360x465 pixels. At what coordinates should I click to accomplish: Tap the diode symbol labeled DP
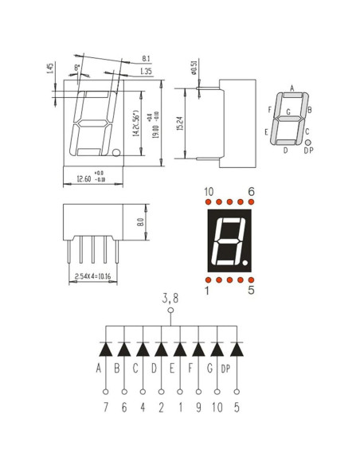point(237,349)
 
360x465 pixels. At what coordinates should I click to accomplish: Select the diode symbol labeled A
point(106,349)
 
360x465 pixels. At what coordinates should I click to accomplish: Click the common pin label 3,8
point(170,298)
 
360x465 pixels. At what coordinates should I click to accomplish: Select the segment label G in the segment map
point(288,113)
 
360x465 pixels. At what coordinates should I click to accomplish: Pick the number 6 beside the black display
point(251,192)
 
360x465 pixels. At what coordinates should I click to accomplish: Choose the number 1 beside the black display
point(208,291)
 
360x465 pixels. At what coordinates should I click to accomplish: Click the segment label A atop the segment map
point(292,88)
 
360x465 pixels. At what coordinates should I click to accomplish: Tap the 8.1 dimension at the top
point(145,59)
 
